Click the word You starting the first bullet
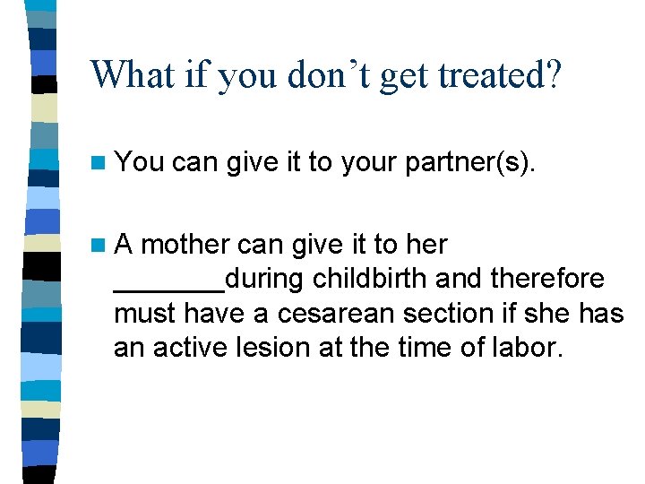[x=140, y=162]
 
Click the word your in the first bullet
[x=368, y=162]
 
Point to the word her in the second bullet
[x=426, y=245]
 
